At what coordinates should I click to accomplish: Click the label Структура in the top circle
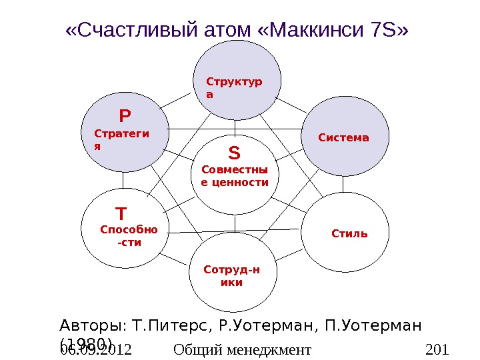[x=234, y=88]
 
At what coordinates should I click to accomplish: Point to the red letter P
[x=125, y=117]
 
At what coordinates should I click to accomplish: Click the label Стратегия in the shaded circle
[x=121, y=139]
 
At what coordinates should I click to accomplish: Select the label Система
[x=344, y=138]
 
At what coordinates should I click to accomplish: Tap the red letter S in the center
[x=234, y=154]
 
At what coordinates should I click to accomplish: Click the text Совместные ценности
[x=234, y=177]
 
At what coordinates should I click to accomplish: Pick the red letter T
[x=121, y=214]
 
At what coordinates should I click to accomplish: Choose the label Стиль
[x=349, y=234]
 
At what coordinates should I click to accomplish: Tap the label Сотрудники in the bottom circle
[x=231, y=276]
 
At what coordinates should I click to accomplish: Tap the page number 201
[x=437, y=349]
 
